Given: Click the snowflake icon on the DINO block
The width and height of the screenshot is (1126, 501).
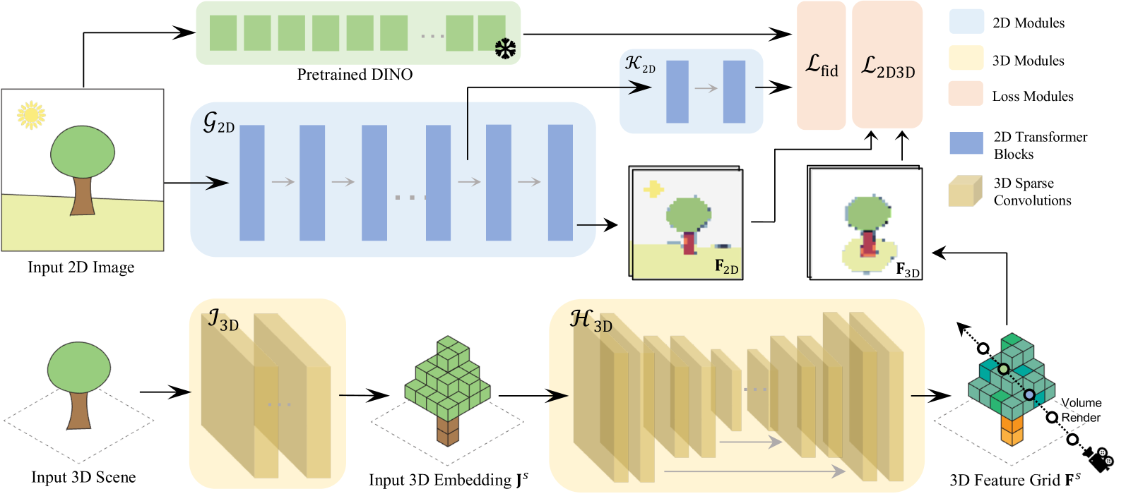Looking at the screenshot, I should tap(505, 49).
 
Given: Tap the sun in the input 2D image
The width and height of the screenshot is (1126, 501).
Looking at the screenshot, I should tap(31, 115).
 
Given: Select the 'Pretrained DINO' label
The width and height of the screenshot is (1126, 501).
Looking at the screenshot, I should tap(355, 75).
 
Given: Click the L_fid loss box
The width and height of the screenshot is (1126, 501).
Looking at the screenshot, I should tap(822, 66).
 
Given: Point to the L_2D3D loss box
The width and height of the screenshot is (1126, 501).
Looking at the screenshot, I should tap(887, 66).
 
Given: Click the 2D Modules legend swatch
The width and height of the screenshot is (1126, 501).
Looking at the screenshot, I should tap(966, 23).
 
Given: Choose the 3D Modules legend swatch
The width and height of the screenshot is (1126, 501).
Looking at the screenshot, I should tap(966, 59).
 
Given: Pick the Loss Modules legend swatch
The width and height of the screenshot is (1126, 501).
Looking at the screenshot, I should tap(966, 95).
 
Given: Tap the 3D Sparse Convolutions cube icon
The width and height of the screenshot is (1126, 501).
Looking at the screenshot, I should tap(966, 191).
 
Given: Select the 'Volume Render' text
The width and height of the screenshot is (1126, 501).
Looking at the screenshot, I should tap(1081, 410).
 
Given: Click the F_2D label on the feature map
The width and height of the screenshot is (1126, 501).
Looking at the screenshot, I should tap(726, 267).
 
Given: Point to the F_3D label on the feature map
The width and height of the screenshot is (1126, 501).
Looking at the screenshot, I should tap(908, 270).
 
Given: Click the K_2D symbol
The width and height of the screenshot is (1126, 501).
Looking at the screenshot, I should tap(640, 64).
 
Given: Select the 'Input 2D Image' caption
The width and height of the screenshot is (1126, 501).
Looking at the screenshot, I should tap(81, 267).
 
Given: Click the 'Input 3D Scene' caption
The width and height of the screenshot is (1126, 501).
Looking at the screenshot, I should tap(83, 478).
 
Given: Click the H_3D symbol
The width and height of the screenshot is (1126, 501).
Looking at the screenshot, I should tap(591, 320).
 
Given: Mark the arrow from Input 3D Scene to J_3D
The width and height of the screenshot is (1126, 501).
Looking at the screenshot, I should tap(165, 392).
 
